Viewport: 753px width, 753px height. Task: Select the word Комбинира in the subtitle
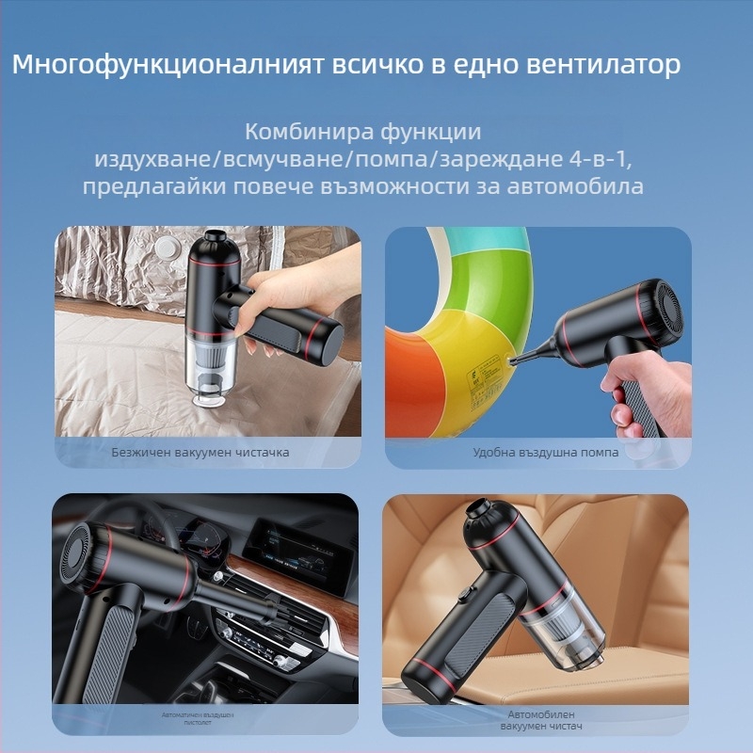tap(299, 131)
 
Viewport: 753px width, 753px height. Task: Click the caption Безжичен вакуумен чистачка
tap(200, 452)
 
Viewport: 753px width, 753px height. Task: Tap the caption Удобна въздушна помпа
tap(545, 452)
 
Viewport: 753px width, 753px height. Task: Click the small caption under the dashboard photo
tap(200, 721)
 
